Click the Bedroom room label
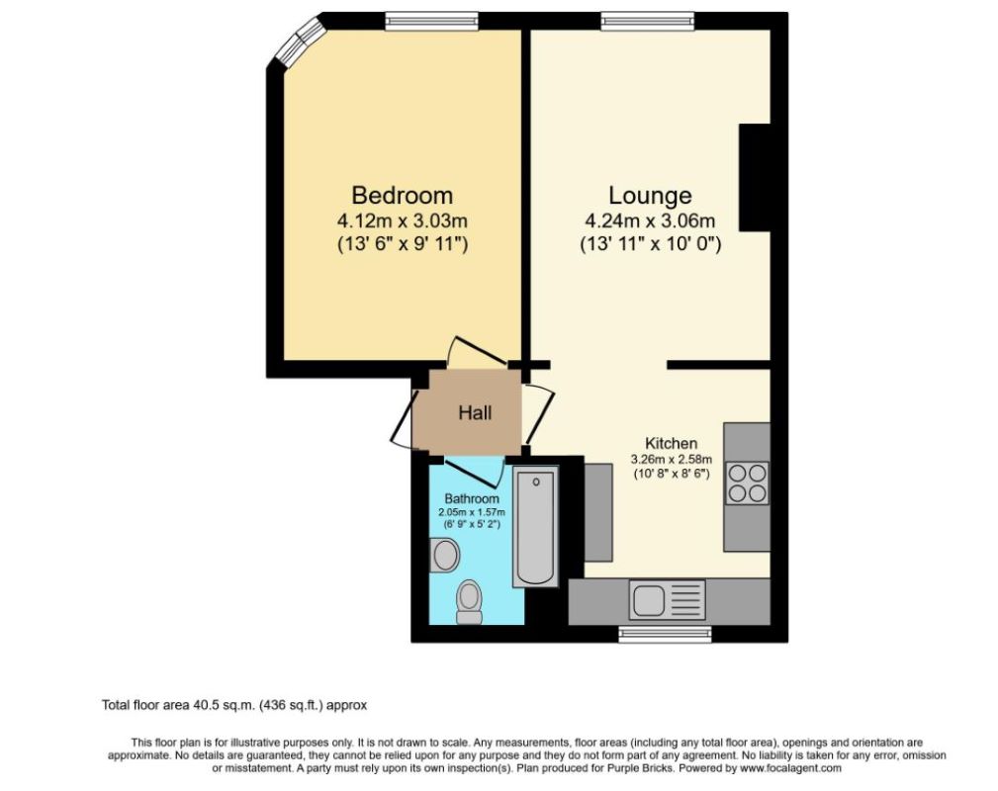click(x=402, y=195)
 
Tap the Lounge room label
click(x=649, y=195)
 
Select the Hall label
click(x=474, y=413)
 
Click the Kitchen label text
click(x=672, y=444)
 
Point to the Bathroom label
click(x=472, y=498)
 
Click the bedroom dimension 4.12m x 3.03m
click(x=402, y=220)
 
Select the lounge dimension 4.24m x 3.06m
click(x=649, y=220)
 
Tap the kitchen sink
click(x=652, y=599)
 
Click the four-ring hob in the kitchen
click(x=747, y=483)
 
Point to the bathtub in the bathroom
click(x=537, y=530)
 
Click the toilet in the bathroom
click(x=470, y=600)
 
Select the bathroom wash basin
click(x=445, y=556)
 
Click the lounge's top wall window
click(x=647, y=20)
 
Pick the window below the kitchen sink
click(x=663, y=630)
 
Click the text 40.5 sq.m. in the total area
click(x=221, y=705)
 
